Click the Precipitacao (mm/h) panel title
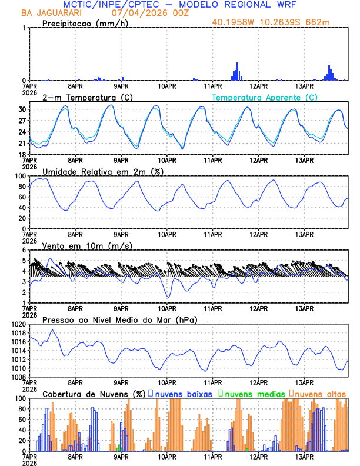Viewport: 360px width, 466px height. click(85, 24)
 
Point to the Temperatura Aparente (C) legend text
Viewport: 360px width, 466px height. click(265, 97)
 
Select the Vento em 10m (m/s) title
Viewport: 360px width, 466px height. click(87, 245)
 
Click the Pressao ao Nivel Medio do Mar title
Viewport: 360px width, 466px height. click(119, 319)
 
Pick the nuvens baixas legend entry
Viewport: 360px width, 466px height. click(180, 394)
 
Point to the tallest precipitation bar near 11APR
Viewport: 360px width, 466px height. click(238, 71)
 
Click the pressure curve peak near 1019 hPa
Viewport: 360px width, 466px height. click(54, 330)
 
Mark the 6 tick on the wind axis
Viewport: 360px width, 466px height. click(24, 250)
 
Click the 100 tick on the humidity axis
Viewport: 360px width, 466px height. click(19, 176)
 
